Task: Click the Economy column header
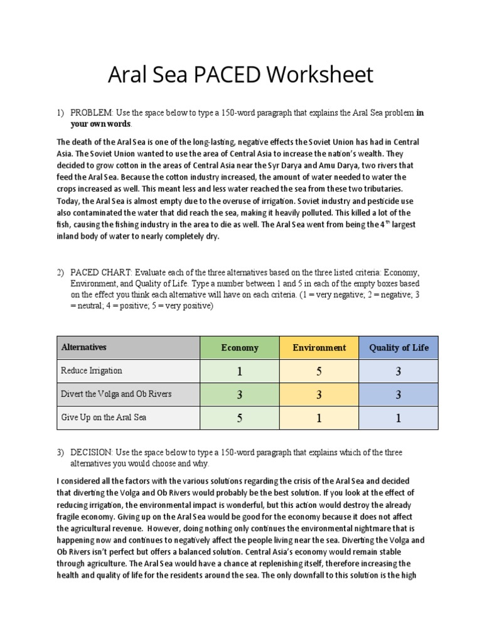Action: pos(239,347)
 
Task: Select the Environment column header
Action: pos(319,347)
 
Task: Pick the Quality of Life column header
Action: pos(399,347)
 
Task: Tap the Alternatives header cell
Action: pos(83,347)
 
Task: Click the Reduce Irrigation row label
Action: pos(92,370)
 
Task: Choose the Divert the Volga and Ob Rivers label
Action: pos(115,394)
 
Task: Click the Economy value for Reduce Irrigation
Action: pos(239,371)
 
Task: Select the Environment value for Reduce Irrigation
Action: pos(319,371)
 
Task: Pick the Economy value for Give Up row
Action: pos(239,418)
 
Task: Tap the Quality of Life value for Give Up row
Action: pos(399,418)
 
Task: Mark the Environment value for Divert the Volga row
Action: pos(319,395)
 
